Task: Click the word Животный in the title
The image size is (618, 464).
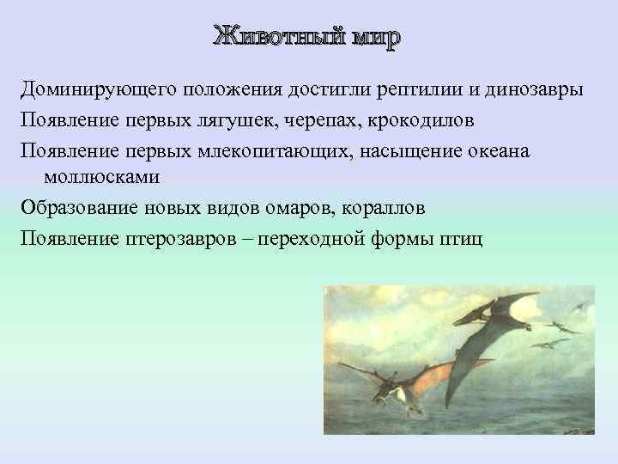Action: (274, 38)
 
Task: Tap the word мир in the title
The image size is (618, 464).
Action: (374, 38)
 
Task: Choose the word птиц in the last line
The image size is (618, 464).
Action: (464, 237)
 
